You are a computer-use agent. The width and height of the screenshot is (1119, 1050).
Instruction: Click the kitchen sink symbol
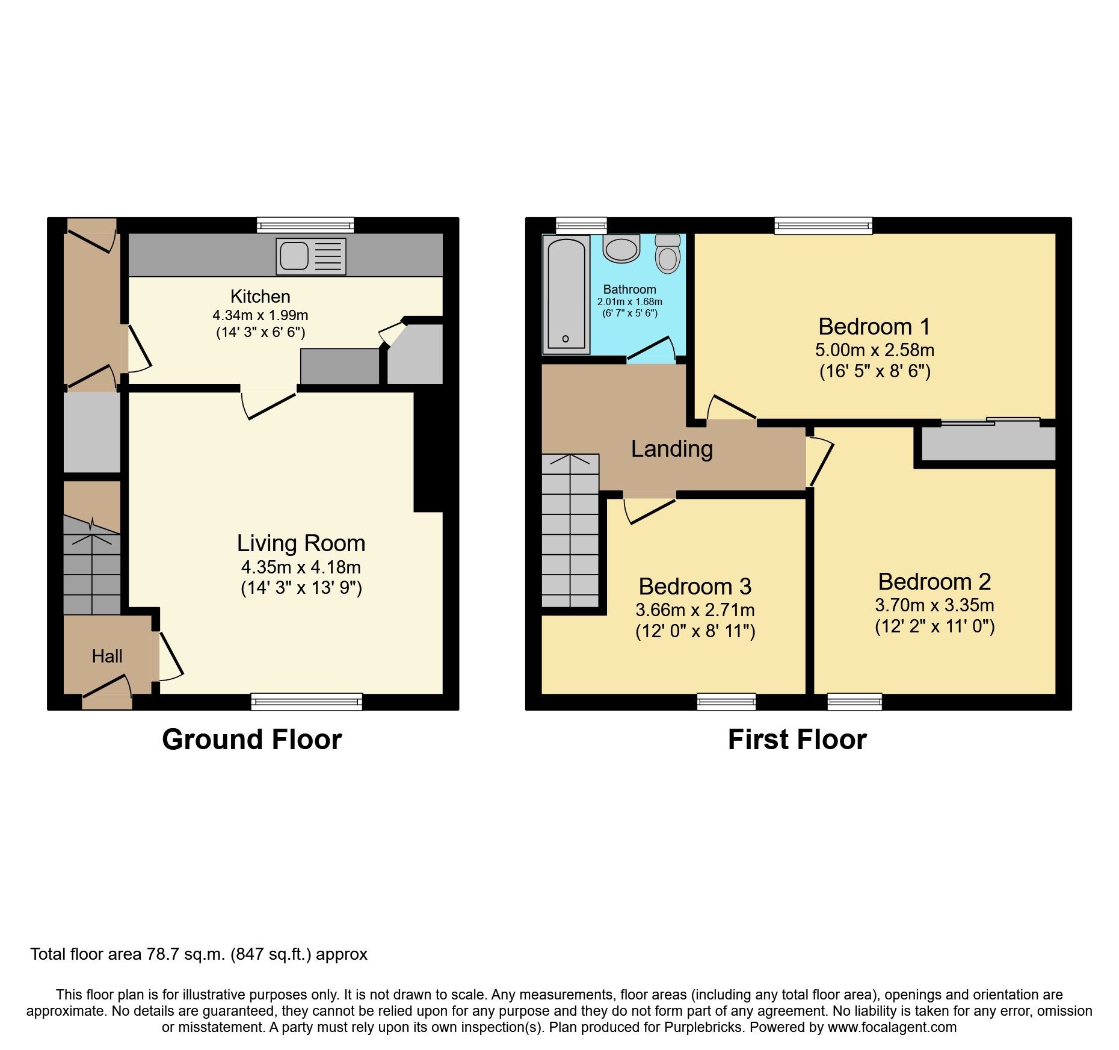coord(311,256)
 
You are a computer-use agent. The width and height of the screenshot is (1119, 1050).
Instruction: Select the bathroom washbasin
coord(621,249)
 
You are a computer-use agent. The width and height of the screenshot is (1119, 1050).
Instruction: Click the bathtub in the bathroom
coord(566,294)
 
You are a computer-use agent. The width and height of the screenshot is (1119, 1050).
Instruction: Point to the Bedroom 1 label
coord(874,327)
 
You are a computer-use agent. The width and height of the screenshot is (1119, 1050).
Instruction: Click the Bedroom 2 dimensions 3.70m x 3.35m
coord(934,605)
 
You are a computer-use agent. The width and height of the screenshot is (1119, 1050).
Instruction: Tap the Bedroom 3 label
coord(695,586)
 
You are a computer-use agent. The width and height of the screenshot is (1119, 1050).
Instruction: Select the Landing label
coord(671,449)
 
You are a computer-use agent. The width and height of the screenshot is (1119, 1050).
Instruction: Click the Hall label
coord(107,656)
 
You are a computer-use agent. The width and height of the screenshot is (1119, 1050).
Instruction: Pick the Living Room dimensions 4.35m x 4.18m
coord(301,567)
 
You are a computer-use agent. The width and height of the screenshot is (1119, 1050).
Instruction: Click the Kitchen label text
coord(260,297)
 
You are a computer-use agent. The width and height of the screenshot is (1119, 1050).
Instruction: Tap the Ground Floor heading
coord(251,740)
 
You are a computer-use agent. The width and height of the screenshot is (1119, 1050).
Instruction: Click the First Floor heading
coord(797,740)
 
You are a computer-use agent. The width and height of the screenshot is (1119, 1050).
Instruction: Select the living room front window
coord(306,702)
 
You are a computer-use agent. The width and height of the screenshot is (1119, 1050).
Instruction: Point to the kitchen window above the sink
coord(305,225)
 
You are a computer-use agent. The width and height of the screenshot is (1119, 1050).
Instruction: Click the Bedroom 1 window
coord(823,226)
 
